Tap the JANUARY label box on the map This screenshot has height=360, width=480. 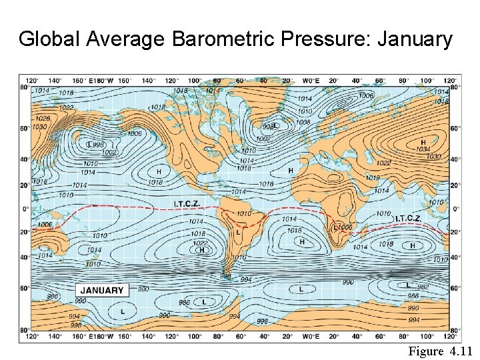(x=101, y=290)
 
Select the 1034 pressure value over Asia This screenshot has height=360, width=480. (x=423, y=149)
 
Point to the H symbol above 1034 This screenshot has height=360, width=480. (x=423, y=141)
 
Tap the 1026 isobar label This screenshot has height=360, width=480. (x=43, y=119)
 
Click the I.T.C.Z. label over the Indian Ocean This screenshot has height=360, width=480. (x=408, y=218)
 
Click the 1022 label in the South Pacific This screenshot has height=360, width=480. (x=199, y=243)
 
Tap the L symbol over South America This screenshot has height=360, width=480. (x=238, y=233)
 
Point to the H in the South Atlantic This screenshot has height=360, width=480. (x=302, y=241)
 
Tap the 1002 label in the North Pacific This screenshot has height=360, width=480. (x=109, y=152)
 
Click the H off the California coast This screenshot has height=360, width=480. (x=159, y=171)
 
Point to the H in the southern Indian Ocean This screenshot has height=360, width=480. (x=413, y=245)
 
